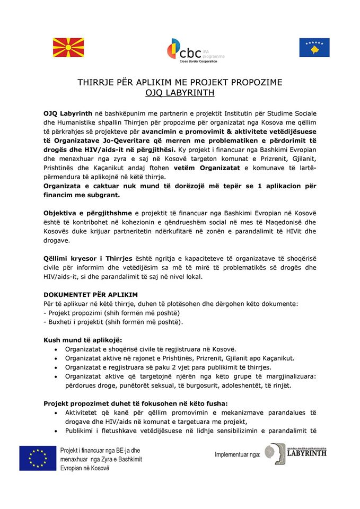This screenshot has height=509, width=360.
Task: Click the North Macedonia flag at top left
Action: point(68,48)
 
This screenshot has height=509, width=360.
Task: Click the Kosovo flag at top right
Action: point(314,48)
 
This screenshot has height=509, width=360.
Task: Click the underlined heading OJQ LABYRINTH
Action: point(180,93)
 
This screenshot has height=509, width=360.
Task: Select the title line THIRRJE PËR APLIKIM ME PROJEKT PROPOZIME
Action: point(180,83)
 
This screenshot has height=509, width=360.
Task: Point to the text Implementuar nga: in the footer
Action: point(237,454)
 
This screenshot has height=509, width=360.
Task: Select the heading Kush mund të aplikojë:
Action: point(83,339)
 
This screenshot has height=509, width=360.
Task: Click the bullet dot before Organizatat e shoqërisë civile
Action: point(57,349)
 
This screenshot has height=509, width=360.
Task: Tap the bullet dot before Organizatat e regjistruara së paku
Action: point(57,367)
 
